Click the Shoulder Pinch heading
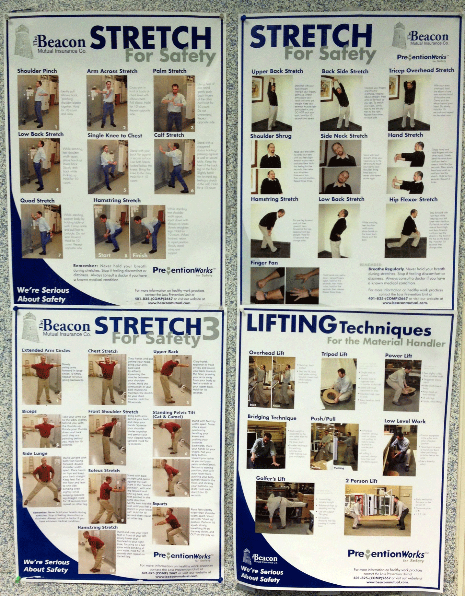pyautogui.click(x=37, y=71)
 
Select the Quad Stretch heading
pyautogui.click(x=37, y=201)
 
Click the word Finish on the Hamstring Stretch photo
pyautogui.click(x=140, y=255)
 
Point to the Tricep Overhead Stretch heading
pyautogui.click(x=421, y=70)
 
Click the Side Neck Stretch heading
pyautogui.click(x=344, y=136)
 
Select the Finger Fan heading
pyautogui.click(x=264, y=263)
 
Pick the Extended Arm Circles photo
pyautogui.click(x=41, y=379)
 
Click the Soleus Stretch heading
pyautogui.click(x=104, y=470)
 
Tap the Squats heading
pyautogui.click(x=160, y=503)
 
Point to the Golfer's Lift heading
pyautogui.click(x=271, y=478)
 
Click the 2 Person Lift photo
pyautogui.click(x=377, y=510)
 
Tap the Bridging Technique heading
pyautogui.click(x=272, y=417)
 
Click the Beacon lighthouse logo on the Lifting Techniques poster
pyautogui.click(x=247, y=556)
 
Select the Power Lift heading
pyautogui.click(x=398, y=356)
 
